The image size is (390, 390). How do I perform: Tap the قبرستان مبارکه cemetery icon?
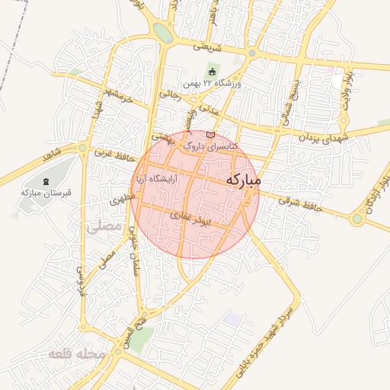(x=47, y=181)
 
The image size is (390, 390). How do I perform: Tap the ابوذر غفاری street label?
(x=190, y=216)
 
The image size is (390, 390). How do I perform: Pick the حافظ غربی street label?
(x=114, y=154)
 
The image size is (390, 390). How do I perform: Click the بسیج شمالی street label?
(x=288, y=99)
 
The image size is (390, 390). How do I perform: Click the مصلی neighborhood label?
(x=104, y=226)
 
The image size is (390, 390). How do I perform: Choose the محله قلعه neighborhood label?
(x=70, y=355)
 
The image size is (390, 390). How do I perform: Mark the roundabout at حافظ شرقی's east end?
(x=357, y=219)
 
